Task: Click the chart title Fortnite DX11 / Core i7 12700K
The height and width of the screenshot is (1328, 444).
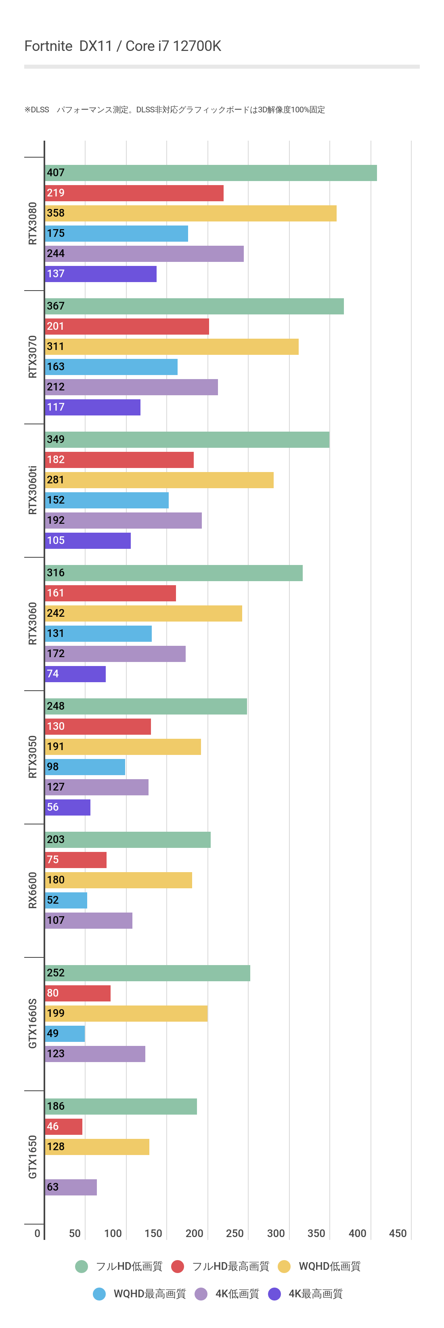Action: [x=123, y=46]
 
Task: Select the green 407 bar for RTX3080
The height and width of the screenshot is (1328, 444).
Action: [x=211, y=173]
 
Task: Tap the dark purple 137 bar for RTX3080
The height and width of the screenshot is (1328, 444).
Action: [x=101, y=274]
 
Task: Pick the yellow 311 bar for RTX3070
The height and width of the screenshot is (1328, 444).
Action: [x=172, y=346]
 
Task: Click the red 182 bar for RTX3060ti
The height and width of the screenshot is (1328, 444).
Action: [x=119, y=460]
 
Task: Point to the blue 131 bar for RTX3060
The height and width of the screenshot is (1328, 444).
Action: [x=98, y=634]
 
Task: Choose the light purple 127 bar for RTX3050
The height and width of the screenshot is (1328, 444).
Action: [x=97, y=787]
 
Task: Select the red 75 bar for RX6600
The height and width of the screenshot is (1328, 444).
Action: [x=76, y=860]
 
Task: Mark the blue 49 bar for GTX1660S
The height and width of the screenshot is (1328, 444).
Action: [x=65, y=1034]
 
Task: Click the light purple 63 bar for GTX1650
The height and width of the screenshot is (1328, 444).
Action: [x=71, y=1187]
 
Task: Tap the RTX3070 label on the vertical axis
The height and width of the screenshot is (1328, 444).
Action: [x=32, y=357]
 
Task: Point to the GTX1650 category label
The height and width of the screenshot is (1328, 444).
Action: [x=32, y=1157]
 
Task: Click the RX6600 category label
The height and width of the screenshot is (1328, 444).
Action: [x=32, y=890]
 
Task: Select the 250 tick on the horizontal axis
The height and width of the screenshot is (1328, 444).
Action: [x=235, y=1234]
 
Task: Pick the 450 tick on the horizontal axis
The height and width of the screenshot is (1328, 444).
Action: [x=398, y=1234]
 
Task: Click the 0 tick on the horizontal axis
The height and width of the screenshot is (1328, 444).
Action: [x=37, y=1234]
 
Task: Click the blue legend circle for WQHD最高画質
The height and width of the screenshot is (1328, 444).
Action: [x=99, y=1294]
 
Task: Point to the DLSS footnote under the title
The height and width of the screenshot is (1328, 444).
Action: [x=175, y=110]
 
